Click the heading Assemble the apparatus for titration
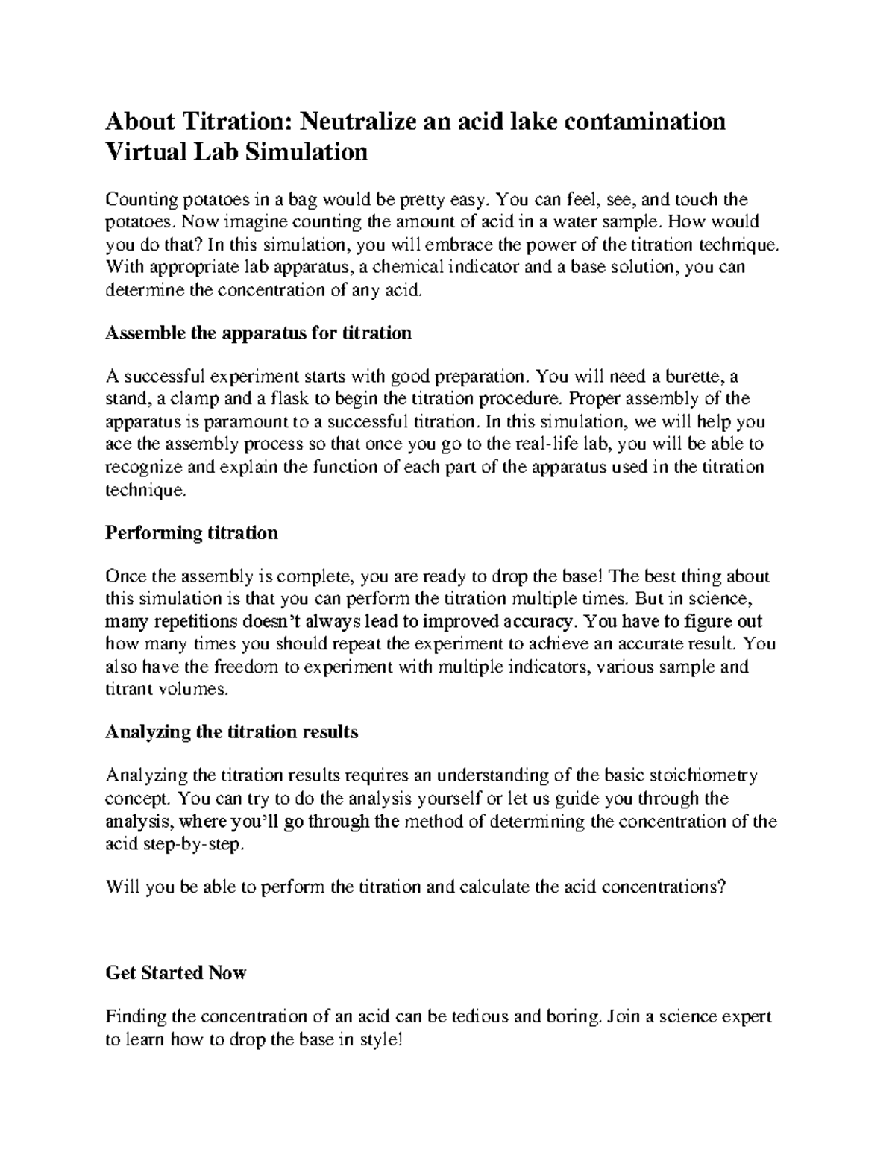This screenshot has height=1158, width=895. pos(258,333)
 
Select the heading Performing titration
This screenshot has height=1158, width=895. pos(192,532)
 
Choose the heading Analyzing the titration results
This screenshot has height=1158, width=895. pos(231,731)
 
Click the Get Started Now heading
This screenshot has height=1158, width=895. pos(176,972)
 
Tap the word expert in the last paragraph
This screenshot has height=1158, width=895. pos(747,1016)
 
